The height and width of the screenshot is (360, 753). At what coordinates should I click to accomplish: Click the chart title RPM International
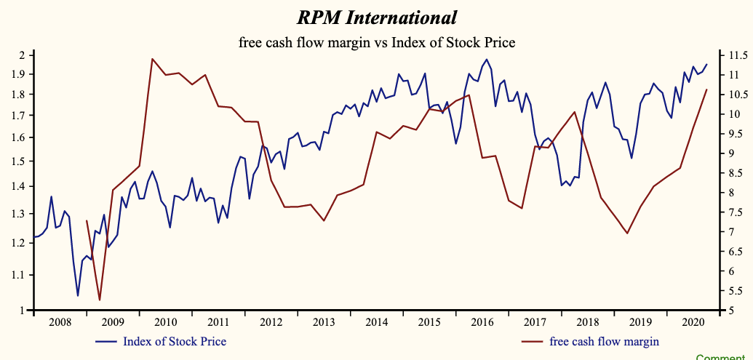click(x=377, y=17)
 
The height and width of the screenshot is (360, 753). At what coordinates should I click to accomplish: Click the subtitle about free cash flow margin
click(x=377, y=43)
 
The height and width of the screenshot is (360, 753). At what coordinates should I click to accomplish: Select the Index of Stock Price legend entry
click(x=174, y=341)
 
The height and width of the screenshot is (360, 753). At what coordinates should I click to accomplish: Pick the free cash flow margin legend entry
click(x=604, y=341)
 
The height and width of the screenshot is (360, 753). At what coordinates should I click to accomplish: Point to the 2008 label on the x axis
click(x=60, y=321)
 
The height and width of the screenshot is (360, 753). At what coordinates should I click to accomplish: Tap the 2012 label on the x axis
click(x=271, y=321)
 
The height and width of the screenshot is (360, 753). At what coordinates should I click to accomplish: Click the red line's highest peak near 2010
click(x=152, y=59)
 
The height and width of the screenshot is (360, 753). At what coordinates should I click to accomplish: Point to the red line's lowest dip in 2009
click(x=100, y=300)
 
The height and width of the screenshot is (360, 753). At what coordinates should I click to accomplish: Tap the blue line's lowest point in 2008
click(x=78, y=296)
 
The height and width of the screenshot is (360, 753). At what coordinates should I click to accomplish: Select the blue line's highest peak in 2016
click(x=486, y=60)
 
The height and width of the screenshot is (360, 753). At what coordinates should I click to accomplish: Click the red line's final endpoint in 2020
click(x=706, y=89)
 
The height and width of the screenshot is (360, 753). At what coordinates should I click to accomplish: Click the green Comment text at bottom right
click(x=724, y=357)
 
